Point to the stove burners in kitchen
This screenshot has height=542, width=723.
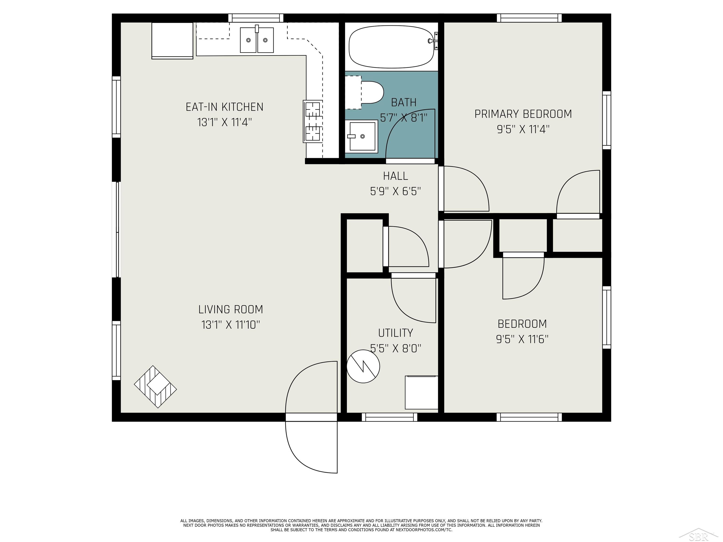point(313,122)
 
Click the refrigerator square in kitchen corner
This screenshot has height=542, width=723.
point(172,40)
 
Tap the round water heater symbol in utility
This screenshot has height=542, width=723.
point(363,366)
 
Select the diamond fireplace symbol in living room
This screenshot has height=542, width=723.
point(156,387)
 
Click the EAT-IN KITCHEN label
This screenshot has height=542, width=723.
point(224,107)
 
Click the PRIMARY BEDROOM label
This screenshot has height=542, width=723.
point(523,114)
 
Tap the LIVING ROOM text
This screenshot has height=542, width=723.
point(230,309)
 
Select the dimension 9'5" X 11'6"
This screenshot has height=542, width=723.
point(522,339)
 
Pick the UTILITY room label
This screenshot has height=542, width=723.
point(395,333)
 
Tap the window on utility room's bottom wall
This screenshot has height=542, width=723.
point(389,417)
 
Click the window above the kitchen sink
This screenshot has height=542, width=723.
point(256,18)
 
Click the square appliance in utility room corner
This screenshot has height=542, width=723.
point(421,392)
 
